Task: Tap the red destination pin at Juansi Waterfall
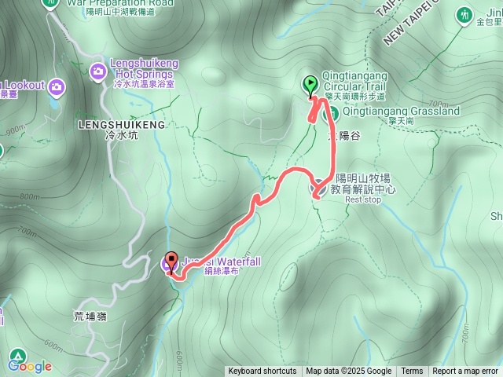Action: tap(172, 263)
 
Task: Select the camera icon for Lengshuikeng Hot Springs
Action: tap(98, 71)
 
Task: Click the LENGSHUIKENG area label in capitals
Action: tap(123, 124)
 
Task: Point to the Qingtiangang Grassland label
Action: tap(402, 112)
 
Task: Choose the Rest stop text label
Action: tap(362, 199)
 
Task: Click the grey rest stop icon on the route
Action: tap(321, 189)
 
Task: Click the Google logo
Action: tap(30, 366)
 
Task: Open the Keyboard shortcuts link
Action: tap(263, 372)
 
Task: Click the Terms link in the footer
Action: tap(412, 372)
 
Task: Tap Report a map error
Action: tap(466, 372)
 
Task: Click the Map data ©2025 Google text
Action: tap(348, 372)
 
